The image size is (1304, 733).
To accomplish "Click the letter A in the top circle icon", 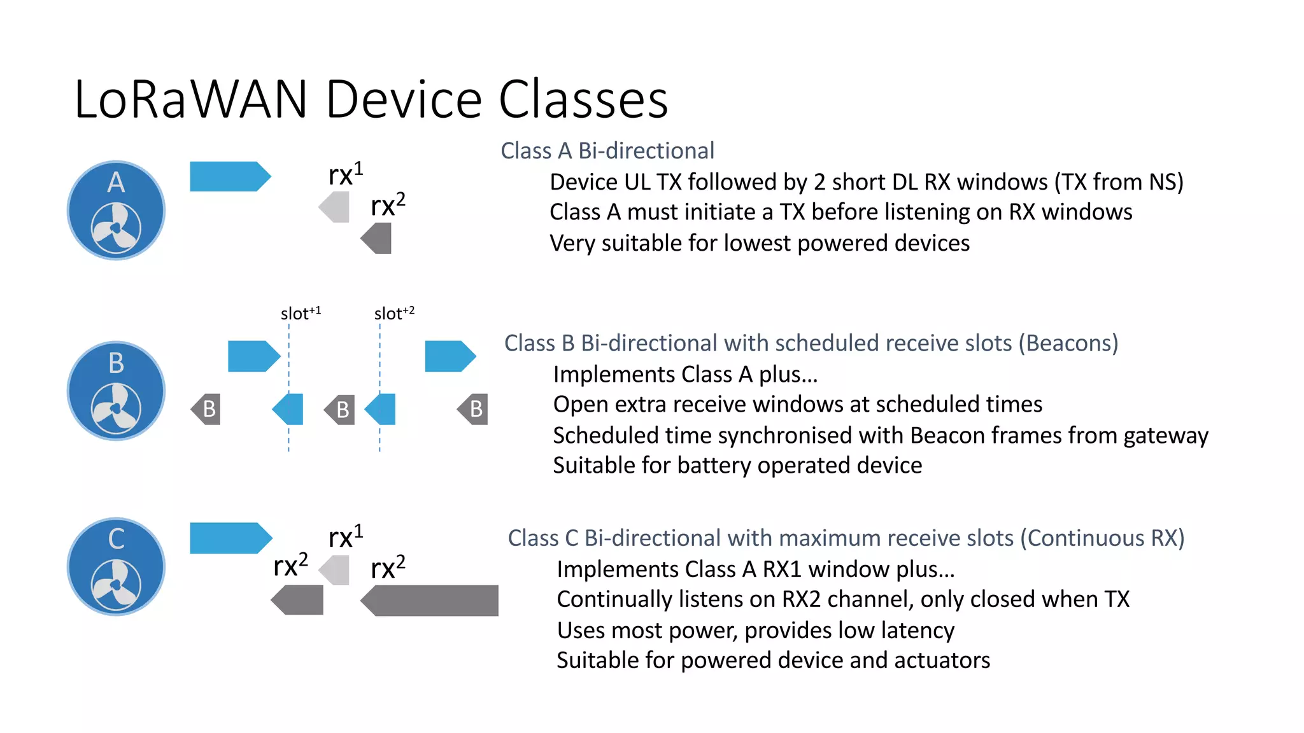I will pos(116,183).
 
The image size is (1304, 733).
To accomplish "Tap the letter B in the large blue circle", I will pos(116,363).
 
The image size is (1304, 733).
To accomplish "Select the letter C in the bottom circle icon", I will pos(116,539).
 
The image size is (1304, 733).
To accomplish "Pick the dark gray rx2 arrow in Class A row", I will pos(376,239).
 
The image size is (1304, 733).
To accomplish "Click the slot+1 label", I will pos(301,313).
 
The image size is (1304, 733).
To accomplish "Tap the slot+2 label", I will pos(394,313).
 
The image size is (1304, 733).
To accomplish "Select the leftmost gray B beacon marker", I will pos(206,409).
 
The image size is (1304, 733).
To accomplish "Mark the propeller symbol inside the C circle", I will pos(116,585).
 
